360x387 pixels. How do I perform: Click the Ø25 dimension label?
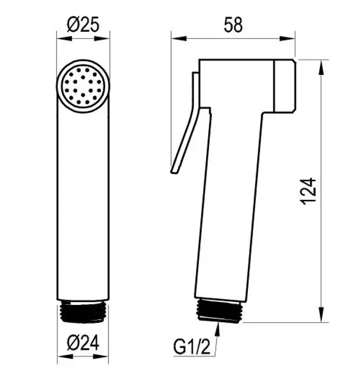[83, 25]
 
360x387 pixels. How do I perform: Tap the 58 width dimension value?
[233, 25]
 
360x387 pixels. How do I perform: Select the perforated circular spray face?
[83, 86]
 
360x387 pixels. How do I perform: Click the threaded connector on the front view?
[83, 311]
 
